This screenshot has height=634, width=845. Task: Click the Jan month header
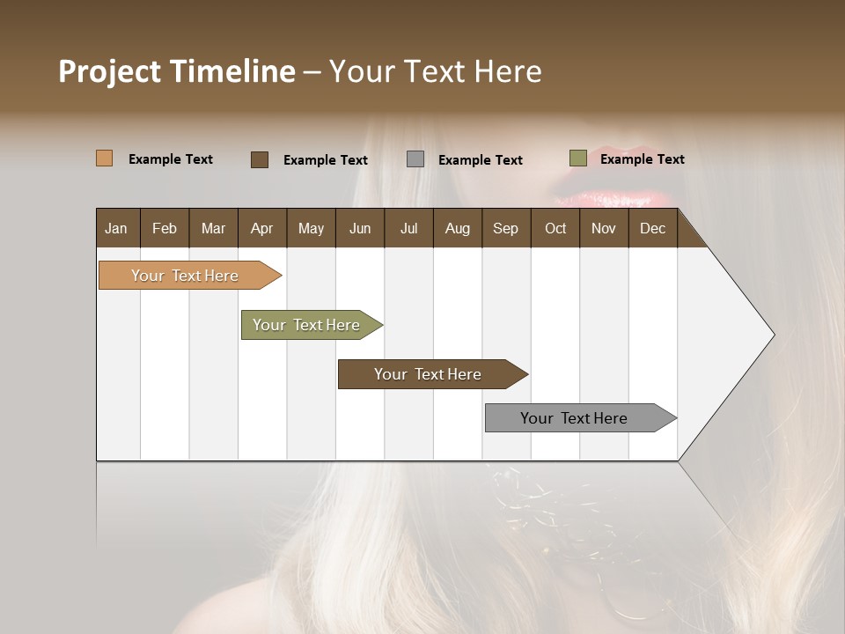click(116, 229)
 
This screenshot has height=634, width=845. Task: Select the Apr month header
click(261, 229)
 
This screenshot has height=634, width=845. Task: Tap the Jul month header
click(408, 229)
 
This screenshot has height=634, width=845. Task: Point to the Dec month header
click(652, 229)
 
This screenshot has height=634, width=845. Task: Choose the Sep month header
click(505, 229)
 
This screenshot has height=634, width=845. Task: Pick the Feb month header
click(165, 229)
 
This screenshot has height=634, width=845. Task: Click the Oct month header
click(555, 229)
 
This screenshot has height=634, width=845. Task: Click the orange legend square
click(104, 158)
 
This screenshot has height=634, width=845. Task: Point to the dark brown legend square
click(260, 159)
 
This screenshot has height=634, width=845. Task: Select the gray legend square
click(415, 159)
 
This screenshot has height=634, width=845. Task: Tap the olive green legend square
click(578, 158)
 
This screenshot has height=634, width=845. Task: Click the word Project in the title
click(109, 71)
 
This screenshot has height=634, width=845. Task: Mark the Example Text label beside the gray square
click(481, 160)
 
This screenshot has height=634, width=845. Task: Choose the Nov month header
click(604, 229)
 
